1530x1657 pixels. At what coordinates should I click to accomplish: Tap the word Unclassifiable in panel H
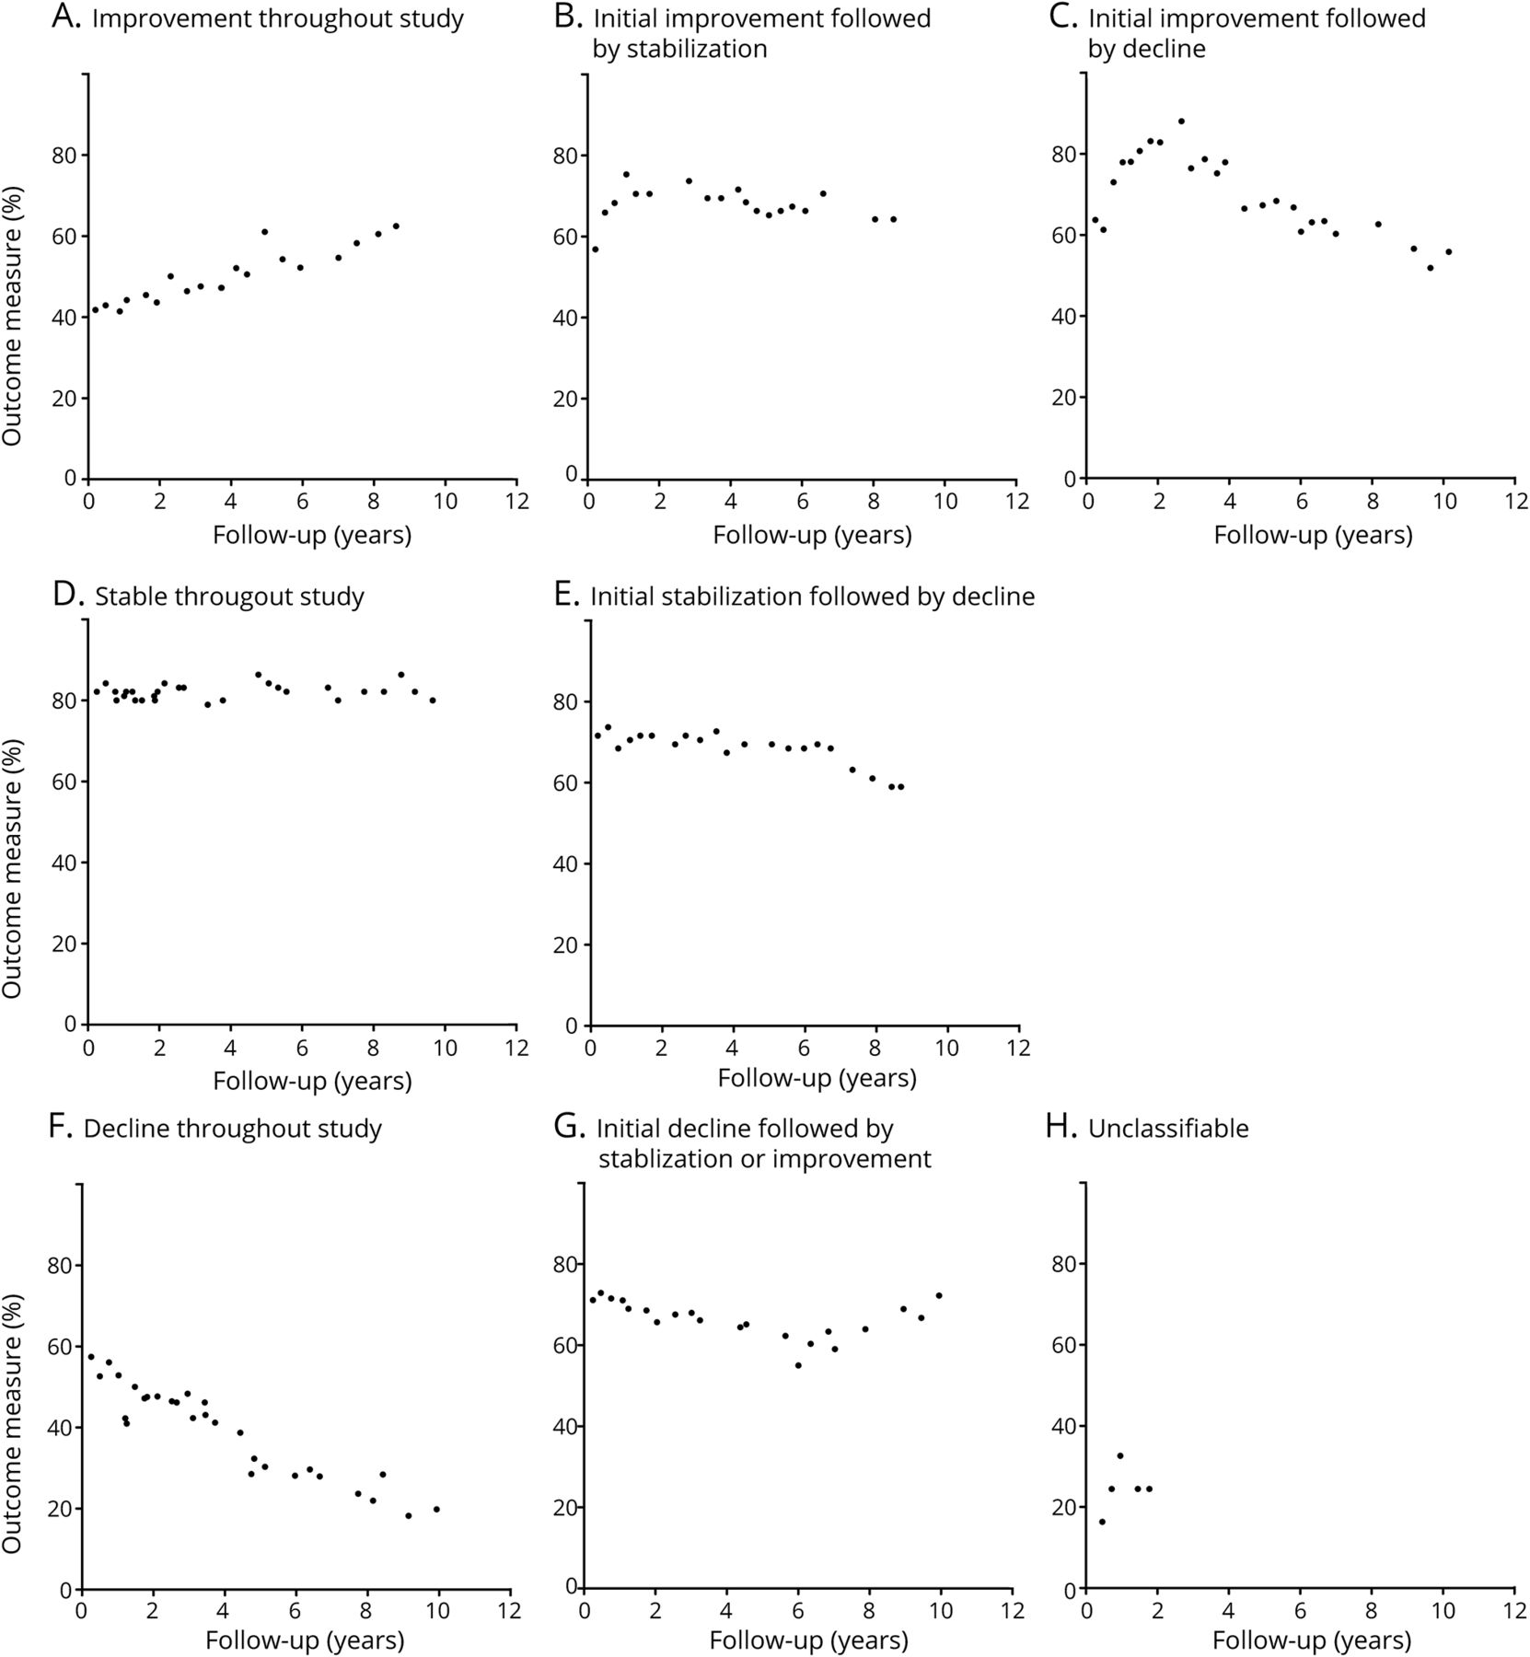1168,1129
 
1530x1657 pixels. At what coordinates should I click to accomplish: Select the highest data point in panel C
1181,122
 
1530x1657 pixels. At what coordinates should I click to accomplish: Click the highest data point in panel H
1120,1455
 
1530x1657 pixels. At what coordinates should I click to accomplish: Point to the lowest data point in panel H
1102,1522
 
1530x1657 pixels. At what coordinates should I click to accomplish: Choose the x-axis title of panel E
817,1078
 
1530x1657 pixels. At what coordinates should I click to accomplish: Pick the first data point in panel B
596,249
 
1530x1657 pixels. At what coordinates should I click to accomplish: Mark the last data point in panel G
939,1295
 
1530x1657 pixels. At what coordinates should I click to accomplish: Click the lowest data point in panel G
798,1365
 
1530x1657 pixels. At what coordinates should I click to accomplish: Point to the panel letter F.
64,1129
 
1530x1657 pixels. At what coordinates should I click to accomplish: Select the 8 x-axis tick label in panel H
1372,1610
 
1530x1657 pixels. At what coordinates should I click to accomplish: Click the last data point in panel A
396,226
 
